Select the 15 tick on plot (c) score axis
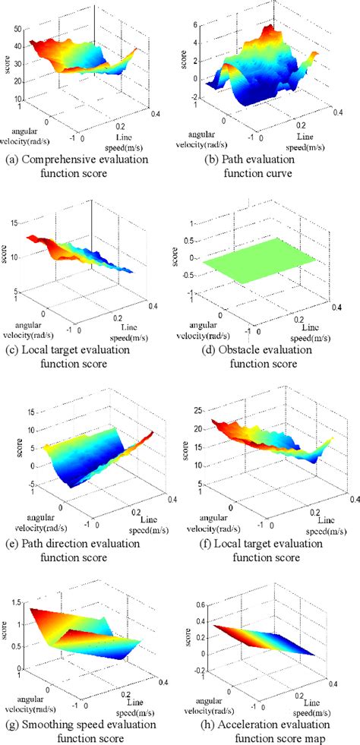(17, 223)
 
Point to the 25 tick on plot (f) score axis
(194, 411)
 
